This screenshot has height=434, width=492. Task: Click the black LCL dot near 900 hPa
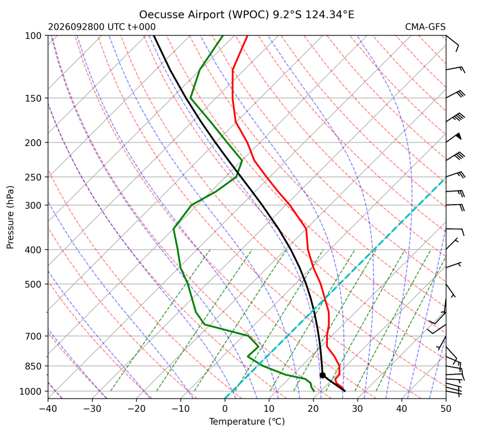tap(322, 375)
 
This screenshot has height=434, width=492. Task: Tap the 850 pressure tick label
tap(33, 366)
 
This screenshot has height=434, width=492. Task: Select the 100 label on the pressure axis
tap(33, 36)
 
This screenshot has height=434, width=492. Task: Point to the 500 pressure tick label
tap(33, 284)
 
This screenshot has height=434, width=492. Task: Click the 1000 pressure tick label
tap(30, 391)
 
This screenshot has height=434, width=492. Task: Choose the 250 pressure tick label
tap(33, 177)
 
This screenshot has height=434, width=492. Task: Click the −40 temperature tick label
tap(48, 409)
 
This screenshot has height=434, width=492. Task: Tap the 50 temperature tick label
tap(446, 409)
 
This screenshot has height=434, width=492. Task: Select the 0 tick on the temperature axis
tap(225, 409)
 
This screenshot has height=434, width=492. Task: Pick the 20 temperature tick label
tap(314, 409)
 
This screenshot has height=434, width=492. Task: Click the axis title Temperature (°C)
tap(247, 421)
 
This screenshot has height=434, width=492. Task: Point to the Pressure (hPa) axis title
tap(10, 217)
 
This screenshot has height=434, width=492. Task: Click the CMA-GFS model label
tap(425, 27)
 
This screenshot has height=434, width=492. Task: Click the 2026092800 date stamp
tap(76, 27)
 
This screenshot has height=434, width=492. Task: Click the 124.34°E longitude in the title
tap(330, 15)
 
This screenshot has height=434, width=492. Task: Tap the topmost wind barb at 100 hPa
tap(453, 43)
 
